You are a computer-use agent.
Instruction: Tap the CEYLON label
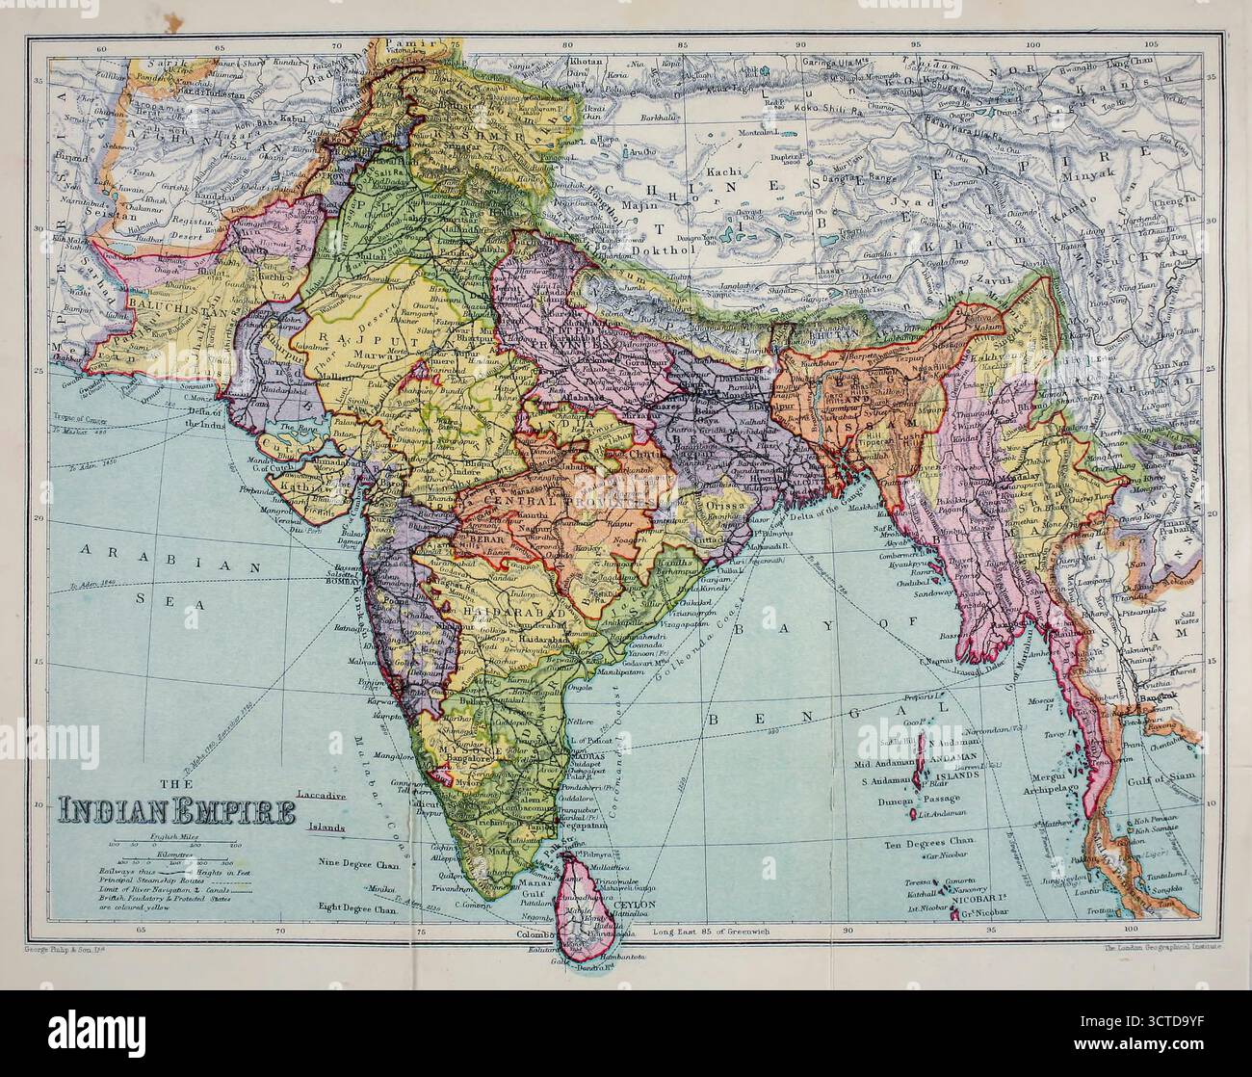click(x=637, y=906)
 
